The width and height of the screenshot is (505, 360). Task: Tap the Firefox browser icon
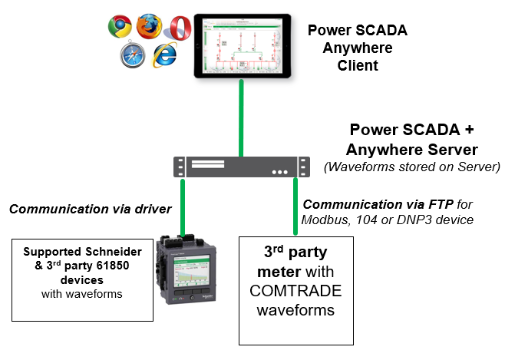[x=150, y=26]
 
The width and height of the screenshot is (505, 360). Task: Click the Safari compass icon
[x=132, y=54]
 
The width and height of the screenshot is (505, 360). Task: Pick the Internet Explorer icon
[x=163, y=54]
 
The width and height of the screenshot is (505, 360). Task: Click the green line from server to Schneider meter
[x=183, y=204]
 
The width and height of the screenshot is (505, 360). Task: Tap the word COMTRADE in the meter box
[x=296, y=292]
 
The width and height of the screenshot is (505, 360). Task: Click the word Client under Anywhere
[x=358, y=65]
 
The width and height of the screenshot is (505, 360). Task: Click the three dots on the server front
[x=282, y=171]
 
